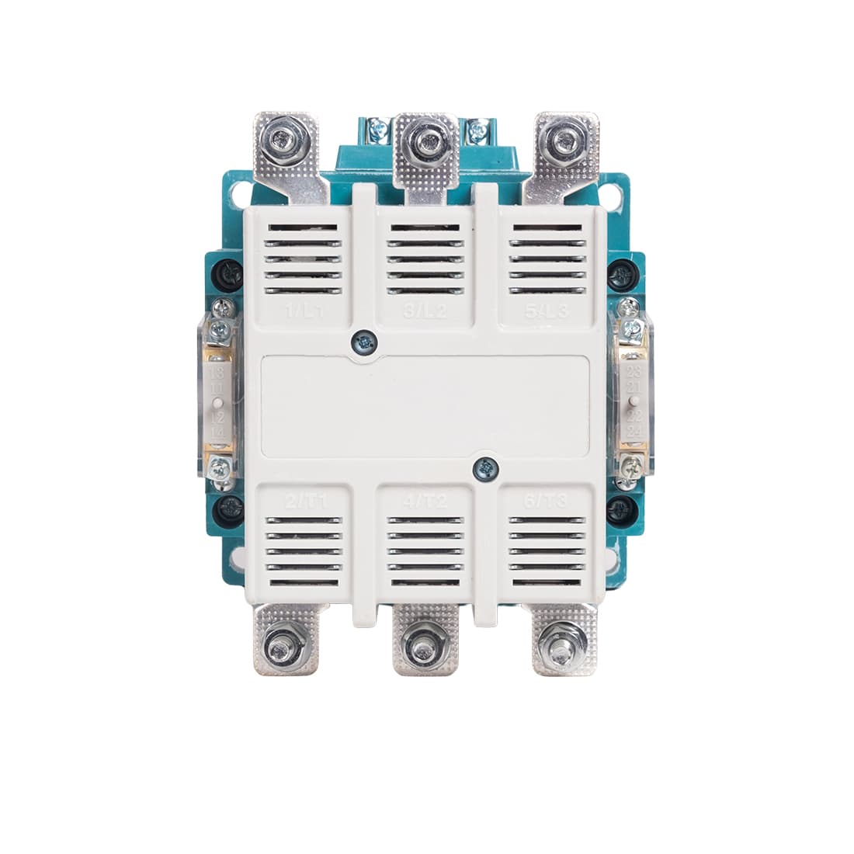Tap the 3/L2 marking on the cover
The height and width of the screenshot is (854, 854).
(x=425, y=314)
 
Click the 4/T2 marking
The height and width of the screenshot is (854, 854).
(x=426, y=502)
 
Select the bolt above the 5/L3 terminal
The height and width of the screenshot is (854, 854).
(x=562, y=141)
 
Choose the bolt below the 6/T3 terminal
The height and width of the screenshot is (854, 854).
(x=562, y=645)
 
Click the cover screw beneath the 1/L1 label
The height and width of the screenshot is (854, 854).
(x=362, y=339)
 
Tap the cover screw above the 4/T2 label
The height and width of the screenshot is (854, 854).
(x=485, y=467)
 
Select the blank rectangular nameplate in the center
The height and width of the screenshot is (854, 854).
(x=425, y=405)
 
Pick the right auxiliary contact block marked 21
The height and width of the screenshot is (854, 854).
(x=633, y=404)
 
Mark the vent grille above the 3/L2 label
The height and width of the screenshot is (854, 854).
(x=425, y=259)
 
